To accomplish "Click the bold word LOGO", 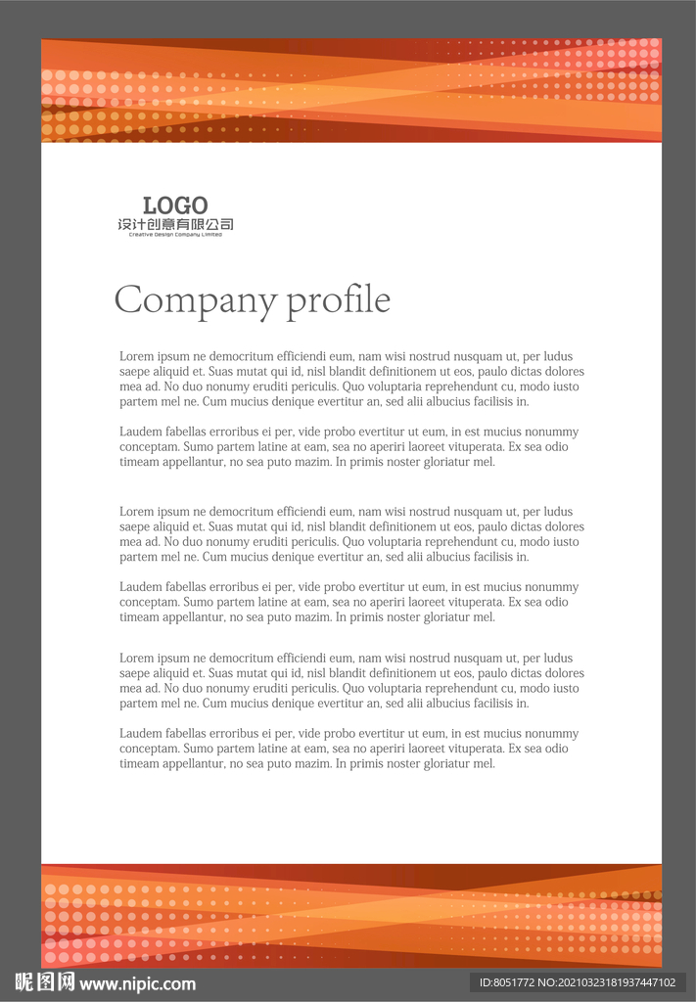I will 175,205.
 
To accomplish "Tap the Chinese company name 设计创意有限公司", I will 175,225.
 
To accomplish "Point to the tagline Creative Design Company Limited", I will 175,235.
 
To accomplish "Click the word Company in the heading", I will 196,300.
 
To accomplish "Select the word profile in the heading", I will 338,300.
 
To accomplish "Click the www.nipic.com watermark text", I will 137,983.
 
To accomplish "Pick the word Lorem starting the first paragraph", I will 137,356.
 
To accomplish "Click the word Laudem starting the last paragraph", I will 141,733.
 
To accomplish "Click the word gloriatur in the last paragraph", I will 442,763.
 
